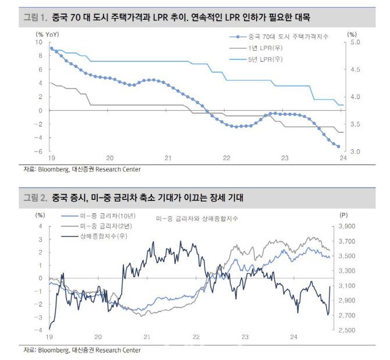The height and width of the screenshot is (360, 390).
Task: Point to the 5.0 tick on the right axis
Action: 354,43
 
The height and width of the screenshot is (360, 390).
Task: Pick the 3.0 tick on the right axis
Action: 354,151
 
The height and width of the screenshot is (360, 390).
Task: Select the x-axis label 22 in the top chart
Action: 226,158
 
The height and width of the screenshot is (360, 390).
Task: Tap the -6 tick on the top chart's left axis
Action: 39,151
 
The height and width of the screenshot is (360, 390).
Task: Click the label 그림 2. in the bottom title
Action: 35,198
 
